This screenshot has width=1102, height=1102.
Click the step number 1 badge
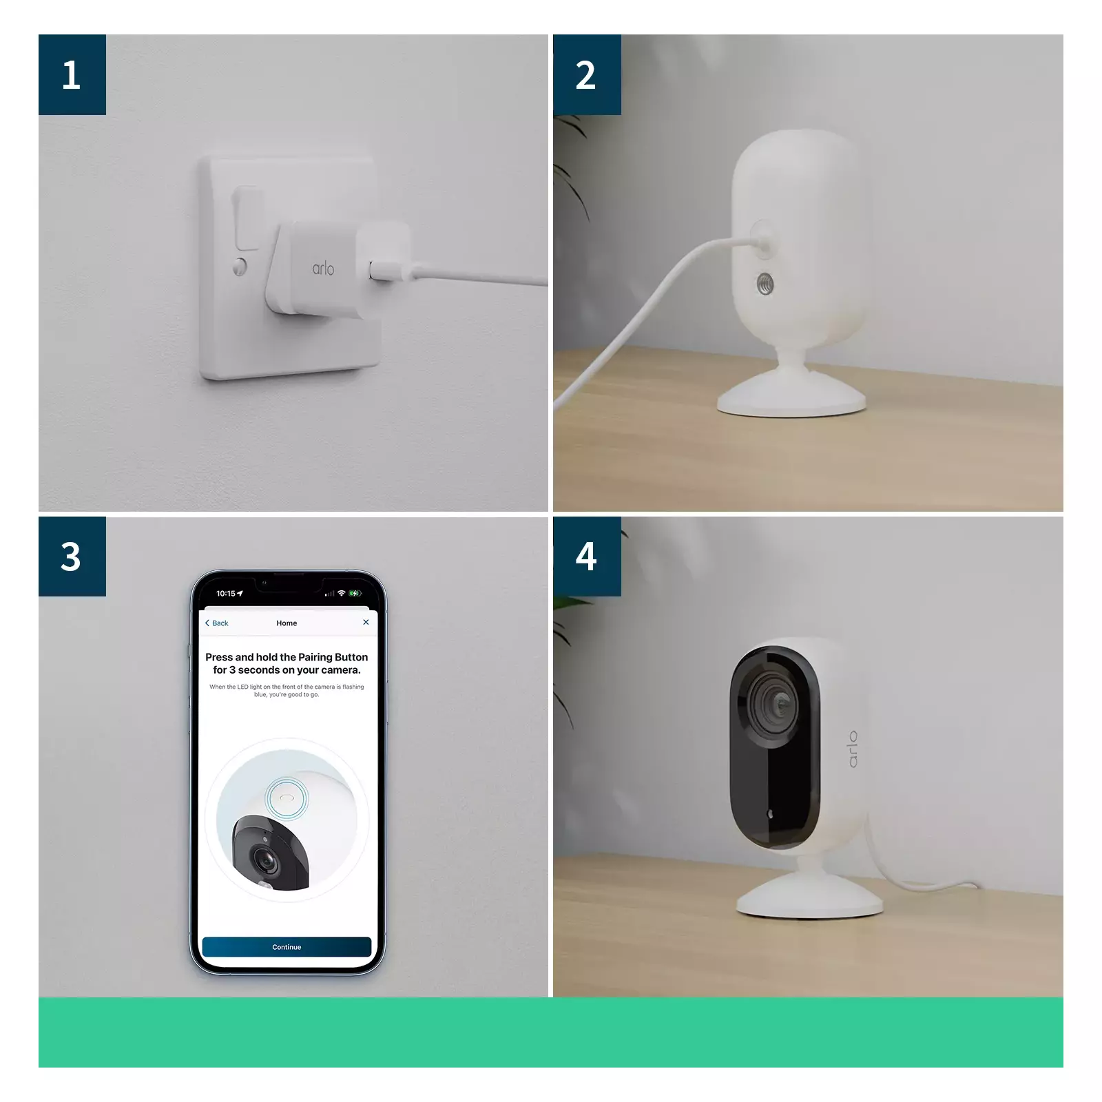(x=72, y=74)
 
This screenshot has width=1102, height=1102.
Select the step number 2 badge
(x=586, y=74)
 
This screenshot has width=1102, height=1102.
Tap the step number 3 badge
(x=72, y=557)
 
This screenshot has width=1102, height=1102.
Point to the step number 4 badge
(x=586, y=557)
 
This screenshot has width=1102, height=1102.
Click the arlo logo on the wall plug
(x=323, y=268)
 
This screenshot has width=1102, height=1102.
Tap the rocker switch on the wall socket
(x=247, y=217)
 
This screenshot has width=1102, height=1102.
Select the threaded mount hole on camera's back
(x=765, y=283)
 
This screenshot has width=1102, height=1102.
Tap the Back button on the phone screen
(x=217, y=623)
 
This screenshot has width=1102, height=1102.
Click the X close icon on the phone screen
(x=366, y=622)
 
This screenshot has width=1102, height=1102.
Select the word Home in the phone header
(x=287, y=623)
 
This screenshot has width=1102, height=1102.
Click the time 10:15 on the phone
(x=226, y=593)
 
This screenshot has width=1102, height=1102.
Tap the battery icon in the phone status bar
(x=355, y=593)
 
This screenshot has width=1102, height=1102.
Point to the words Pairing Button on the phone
(x=333, y=657)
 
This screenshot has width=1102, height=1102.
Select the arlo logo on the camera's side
(x=853, y=749)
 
